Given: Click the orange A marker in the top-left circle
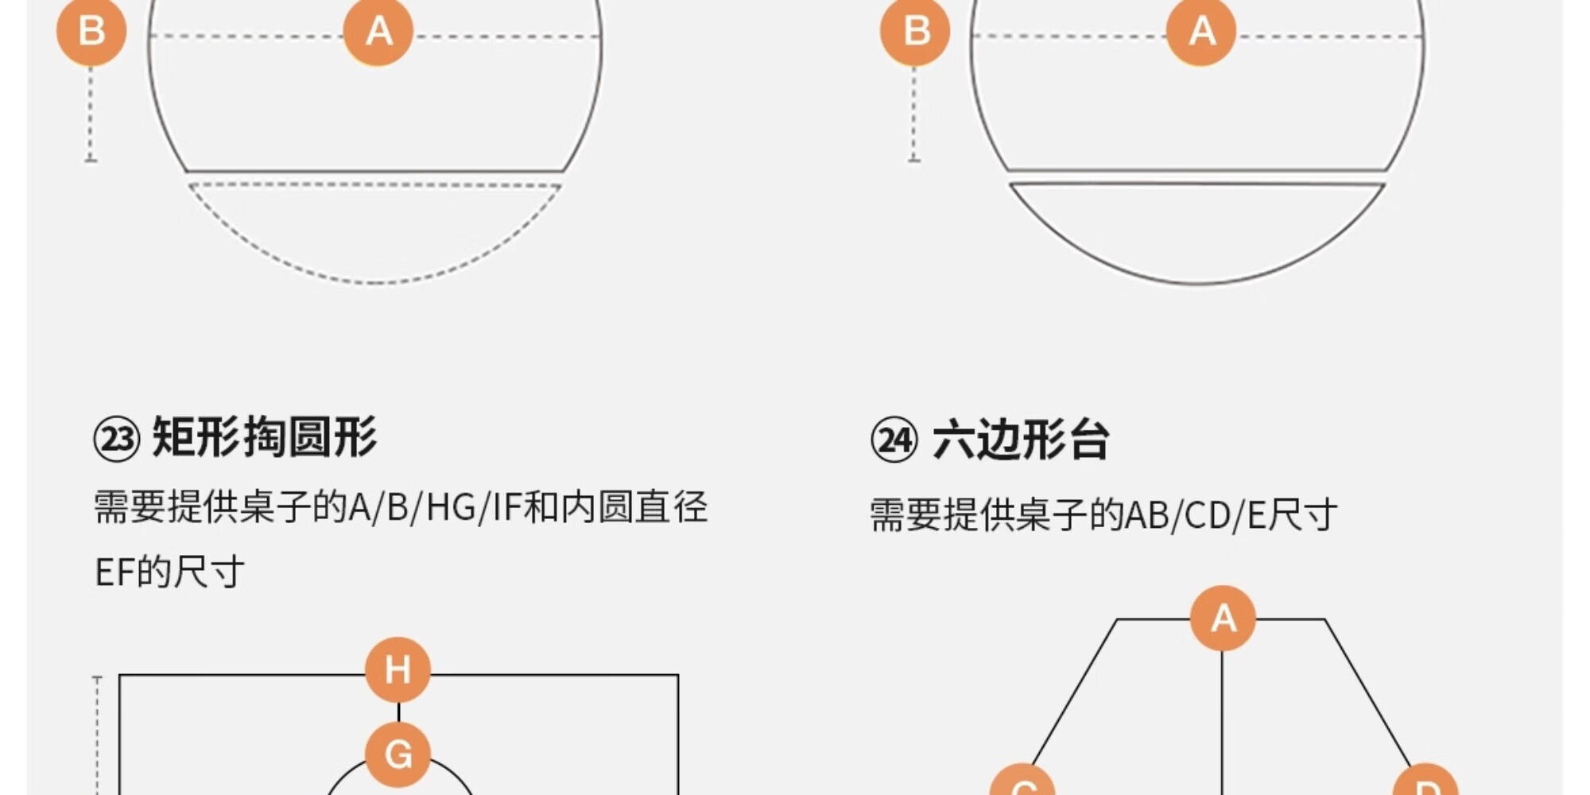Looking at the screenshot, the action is [x=378, y=32].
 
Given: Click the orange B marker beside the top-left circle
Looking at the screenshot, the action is [x=91, y=32].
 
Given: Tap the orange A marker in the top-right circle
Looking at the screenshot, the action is [x=1201, y=32].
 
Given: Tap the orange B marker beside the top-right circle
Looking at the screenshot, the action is [x=915, y=32].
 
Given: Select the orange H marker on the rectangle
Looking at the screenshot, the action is [x=397, y=669].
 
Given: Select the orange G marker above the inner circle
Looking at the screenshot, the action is [x=397, y=754].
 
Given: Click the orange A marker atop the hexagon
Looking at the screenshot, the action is [x=1223, y=619].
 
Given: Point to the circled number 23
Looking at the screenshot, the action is [x=116, y=439].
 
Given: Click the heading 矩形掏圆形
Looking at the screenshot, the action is [x=265, y=437].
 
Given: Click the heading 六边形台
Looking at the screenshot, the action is [x=1021, y=440].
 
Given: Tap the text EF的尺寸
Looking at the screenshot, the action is [x=169, y=572].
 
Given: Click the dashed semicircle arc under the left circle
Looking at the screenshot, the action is [x=375, y=281].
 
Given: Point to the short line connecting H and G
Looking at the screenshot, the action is [x=398, y=712].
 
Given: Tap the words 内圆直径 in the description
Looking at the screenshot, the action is [x=634, y=507].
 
